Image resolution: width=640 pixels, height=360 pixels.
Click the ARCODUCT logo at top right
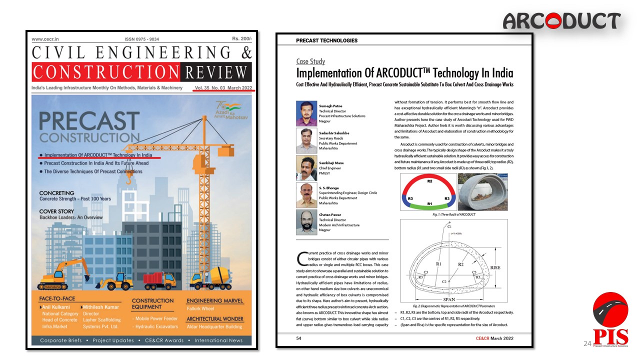[x=561, y=21]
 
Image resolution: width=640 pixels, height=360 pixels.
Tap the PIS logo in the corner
[x=610, y=320]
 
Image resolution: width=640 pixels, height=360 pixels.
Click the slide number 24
[x=587, y=343]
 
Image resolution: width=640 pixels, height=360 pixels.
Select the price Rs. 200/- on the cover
[x=242, y=38]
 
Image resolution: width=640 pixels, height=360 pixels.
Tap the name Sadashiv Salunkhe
[x=334, y=133]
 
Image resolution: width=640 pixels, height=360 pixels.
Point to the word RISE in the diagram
[x=494, y=267]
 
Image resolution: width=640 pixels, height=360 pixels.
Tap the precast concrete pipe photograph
[x=482, y=192]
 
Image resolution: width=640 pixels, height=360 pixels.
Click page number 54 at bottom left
[x=298, y=338]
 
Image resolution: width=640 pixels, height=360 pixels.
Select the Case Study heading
[x=310, y=61]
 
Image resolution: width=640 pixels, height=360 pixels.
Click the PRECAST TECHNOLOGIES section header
[x=326, y=40]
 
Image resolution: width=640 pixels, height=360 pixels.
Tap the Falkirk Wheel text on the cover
[x=200, y=308]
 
